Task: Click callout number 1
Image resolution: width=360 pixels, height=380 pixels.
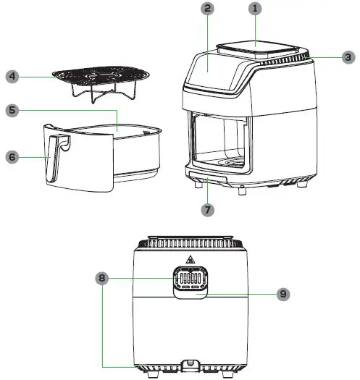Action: click(x=254, y=9)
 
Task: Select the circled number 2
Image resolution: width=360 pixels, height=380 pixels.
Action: click(x=208, y=9)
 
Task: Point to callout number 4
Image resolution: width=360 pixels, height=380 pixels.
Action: click(x=12, y=76)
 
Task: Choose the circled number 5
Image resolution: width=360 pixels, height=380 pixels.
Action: click(x=12, y=111)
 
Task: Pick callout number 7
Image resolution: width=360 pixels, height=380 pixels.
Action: click(x=208, y=210)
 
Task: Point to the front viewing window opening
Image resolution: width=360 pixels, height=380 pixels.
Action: click(x=217, y=141)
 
